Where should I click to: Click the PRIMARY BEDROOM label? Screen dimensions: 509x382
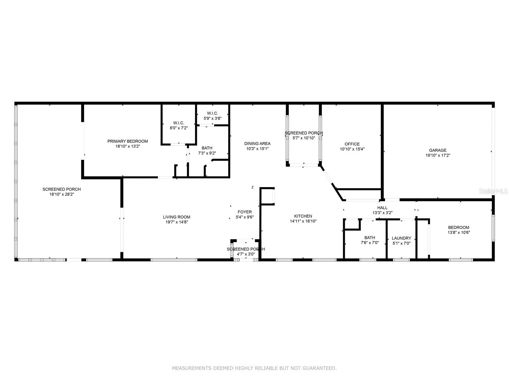click(128, 141)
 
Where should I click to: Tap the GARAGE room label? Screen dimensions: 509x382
click(437, 150)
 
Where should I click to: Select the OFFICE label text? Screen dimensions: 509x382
click(352, 144)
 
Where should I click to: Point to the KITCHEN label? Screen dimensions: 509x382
click(303, 216)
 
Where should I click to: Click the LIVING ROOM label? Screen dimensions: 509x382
click(177, 217)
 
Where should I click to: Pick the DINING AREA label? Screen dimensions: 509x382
click(257, 144)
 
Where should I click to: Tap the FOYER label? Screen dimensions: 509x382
click(245, 212)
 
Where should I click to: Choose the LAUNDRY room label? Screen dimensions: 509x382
click(401, 238)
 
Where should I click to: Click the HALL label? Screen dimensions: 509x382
click(382, 208)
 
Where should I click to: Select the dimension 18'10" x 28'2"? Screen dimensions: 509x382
click(62, 195)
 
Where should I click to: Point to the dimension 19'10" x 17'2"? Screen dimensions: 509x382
click(438, 155)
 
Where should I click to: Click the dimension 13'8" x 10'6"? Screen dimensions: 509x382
click(459, 232)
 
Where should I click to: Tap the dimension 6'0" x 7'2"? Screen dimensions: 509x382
click(179, 128)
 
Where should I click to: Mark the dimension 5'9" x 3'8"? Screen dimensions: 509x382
click(213, 118)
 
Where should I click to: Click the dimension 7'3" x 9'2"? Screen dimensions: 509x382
click(207, 153)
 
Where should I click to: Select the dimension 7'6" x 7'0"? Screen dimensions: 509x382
click(370, 243)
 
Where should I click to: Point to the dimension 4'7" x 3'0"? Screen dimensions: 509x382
click(246, 254)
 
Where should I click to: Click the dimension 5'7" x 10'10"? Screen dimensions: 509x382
click(304, 138)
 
